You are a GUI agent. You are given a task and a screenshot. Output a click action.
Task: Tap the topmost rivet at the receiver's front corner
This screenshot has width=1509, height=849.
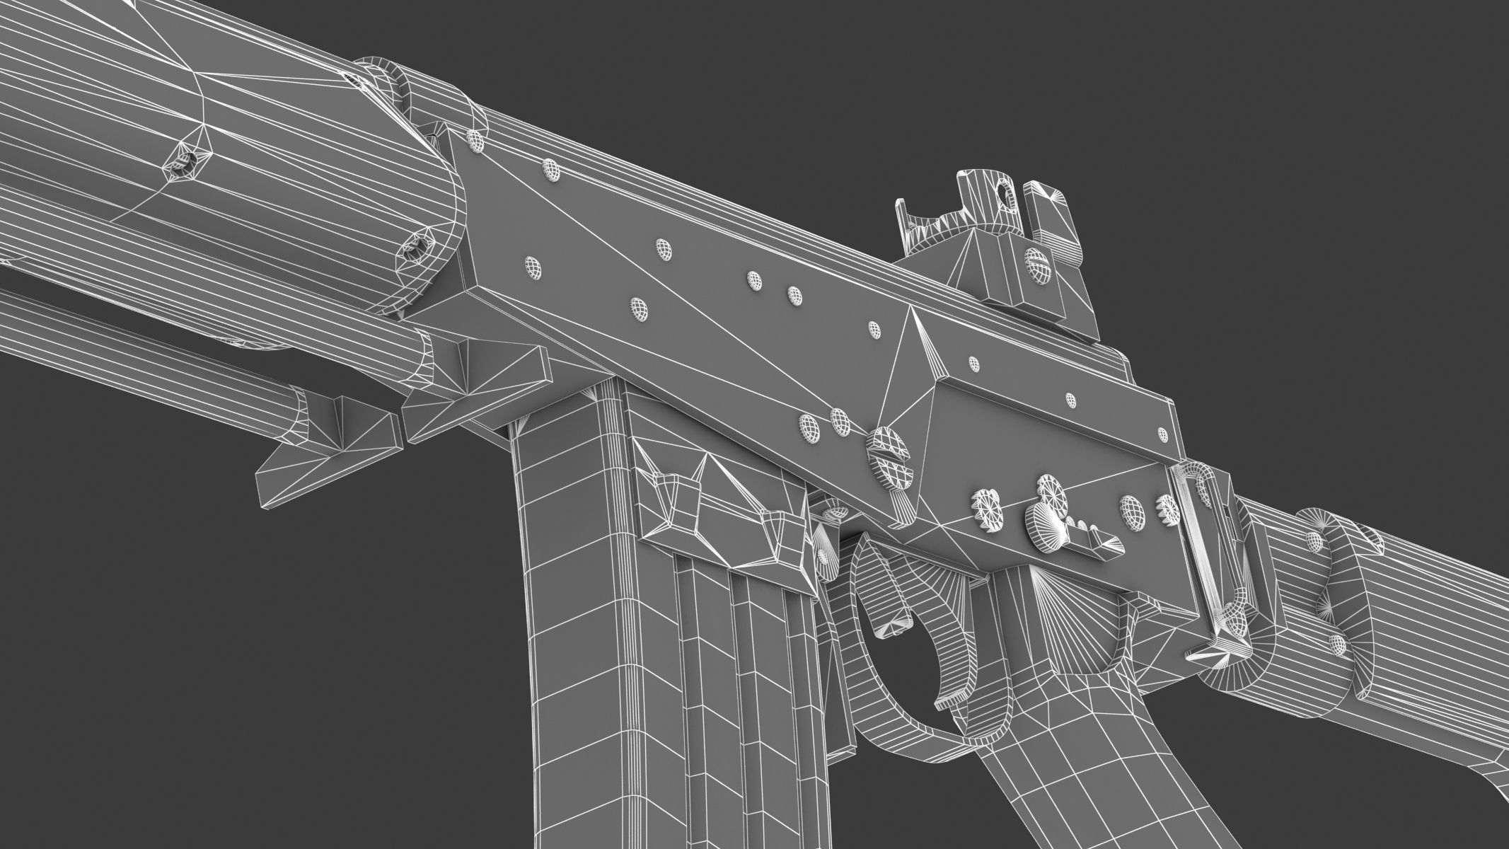coord(476,140)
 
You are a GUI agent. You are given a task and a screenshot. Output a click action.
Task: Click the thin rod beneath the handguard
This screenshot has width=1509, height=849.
coord(177,354)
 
